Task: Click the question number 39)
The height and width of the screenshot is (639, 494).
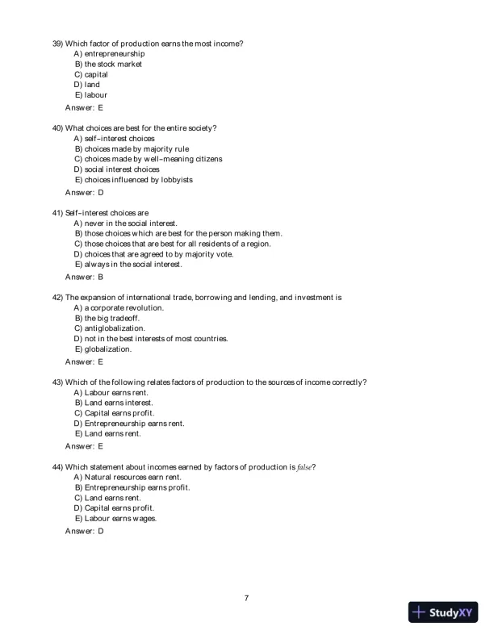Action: click(x=58, y=43)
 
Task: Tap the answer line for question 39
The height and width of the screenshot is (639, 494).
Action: click(x=84, y=107)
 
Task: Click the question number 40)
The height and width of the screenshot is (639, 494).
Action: click(x=58, y=127)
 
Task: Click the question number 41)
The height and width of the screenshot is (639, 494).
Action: click(x=58, y=213)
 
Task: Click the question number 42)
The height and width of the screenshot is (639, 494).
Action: click(x=58, y=297)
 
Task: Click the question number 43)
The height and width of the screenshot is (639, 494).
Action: click(x=58, y=382)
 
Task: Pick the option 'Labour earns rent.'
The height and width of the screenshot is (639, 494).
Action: click(x=112, y=392)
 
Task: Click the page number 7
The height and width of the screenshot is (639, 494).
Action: click(x=246, y=598)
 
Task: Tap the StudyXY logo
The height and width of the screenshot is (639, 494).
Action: click(x=443, y=612)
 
